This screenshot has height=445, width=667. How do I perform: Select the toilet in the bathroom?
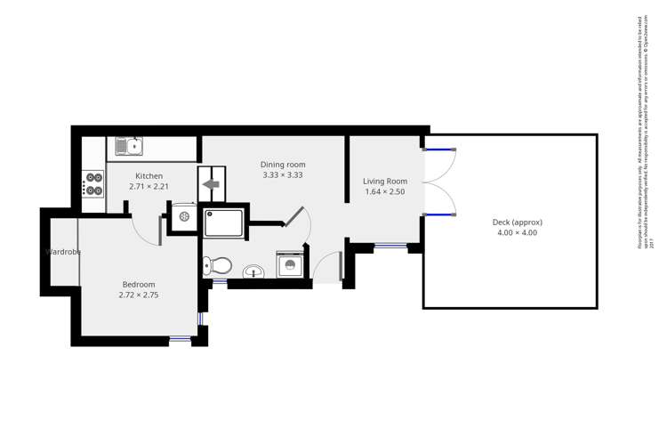click(218, 265)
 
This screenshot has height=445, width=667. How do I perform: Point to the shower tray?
click(223, 222)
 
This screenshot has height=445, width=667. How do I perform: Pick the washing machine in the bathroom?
click(289, 264)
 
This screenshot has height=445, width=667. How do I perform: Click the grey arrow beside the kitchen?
click(211, 184)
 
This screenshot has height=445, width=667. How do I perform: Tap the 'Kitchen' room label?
click(149, 176)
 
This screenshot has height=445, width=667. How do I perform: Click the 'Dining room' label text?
click(283, 165)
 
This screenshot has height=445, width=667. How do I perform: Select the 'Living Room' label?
click(385, 182)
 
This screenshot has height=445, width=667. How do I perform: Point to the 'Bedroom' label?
click(138, 285)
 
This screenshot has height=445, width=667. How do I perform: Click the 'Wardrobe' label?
click(63, 252)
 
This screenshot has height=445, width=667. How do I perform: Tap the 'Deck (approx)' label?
click(517, 222)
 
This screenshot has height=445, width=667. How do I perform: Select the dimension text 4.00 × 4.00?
click(517, 233)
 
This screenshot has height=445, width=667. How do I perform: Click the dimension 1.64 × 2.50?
click(385, 192)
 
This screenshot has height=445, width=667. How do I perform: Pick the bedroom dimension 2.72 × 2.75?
click(138, 295)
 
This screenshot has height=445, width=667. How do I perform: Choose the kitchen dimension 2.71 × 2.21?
click(149, 187)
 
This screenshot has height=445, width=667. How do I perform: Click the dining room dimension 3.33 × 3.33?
click(283, 175)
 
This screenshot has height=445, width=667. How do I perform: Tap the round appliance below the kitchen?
click(185, 216)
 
